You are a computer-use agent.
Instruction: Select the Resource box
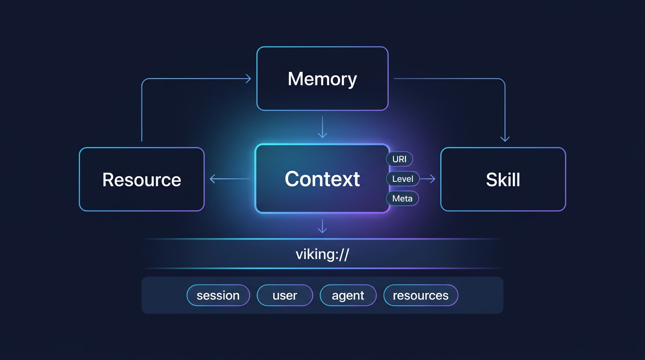142,180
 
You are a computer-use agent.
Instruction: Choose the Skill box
503,180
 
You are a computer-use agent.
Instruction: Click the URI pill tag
399,159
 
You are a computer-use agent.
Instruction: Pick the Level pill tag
402,179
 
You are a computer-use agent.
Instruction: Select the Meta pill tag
402,199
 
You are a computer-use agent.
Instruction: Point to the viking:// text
322,255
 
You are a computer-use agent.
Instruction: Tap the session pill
218,296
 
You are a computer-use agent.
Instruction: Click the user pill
285,296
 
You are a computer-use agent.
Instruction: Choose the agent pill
348,296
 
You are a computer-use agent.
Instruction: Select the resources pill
420,296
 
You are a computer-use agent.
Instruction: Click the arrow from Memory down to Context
322,127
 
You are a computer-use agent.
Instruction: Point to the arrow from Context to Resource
229,179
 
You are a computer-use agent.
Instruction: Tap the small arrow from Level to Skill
428,179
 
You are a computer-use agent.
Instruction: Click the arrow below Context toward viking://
322,226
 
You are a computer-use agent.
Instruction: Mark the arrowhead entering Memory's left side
248,79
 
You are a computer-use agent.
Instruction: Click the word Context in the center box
322,179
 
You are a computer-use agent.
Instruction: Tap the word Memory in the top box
322,79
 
